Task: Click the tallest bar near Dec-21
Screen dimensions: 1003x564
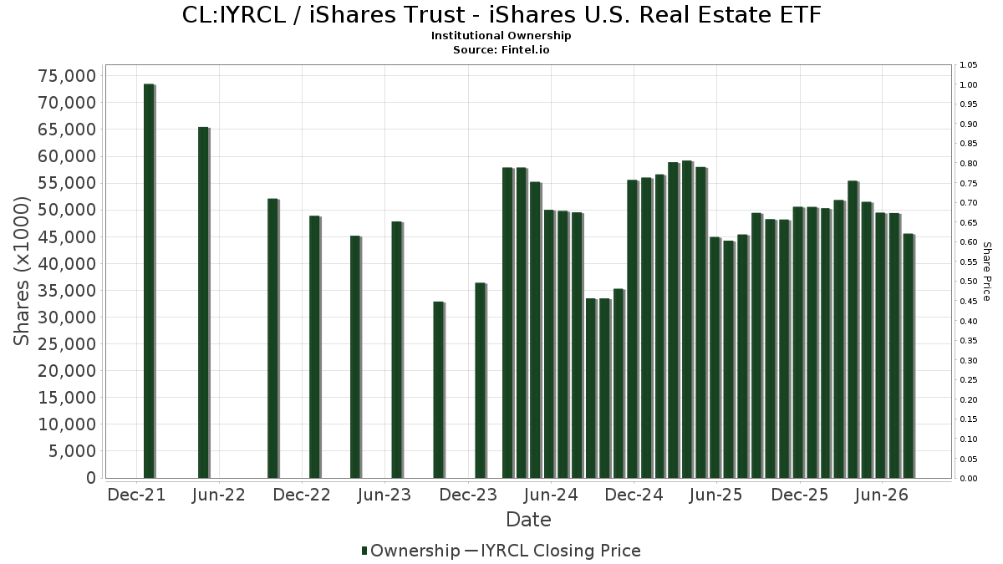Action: pos(149,281)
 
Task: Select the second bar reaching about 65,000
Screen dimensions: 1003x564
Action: pos(204,302)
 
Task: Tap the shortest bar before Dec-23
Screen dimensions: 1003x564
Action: pos(439,390)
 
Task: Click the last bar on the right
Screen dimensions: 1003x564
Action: pos(909,356)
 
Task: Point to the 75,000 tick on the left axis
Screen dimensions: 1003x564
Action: pos(67,76)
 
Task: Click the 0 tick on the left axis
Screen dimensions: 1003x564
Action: pos(91,478)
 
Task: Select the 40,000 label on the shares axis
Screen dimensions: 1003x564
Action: pos(67,264)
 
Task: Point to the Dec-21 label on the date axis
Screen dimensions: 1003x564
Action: pos(136,495)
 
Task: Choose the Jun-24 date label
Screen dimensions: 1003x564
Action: pos(551,495)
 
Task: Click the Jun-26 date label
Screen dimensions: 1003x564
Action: pos(881,495)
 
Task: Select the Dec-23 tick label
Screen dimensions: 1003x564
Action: pos(468,495)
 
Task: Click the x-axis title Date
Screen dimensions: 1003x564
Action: pos(528,520)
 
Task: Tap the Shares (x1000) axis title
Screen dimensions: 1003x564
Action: pos(21,272)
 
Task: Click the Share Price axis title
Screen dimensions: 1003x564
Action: pos(986,272)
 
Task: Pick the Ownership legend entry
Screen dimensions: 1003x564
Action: pos(410,551)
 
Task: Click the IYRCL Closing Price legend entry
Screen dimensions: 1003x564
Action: pos(553,551)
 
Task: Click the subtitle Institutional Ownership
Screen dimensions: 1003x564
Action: pos(501,36)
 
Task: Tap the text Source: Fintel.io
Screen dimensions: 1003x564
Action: pos(501,49)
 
